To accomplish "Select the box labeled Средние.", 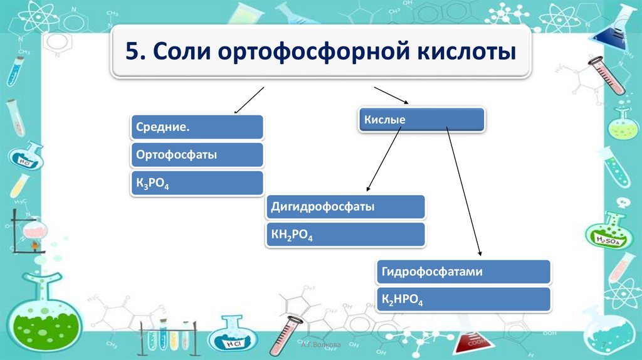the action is pos(197,127).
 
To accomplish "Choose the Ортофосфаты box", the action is pos(197,155).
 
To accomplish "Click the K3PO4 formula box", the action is pos(197,183).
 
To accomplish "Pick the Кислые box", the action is pos(421,119).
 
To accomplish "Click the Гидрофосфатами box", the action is pos(463,272).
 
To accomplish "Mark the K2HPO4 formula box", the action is pos(463,300).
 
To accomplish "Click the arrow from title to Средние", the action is pos(250,100).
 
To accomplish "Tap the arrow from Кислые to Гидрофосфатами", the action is pos(464,191).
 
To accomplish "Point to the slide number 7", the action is pos(603,346).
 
